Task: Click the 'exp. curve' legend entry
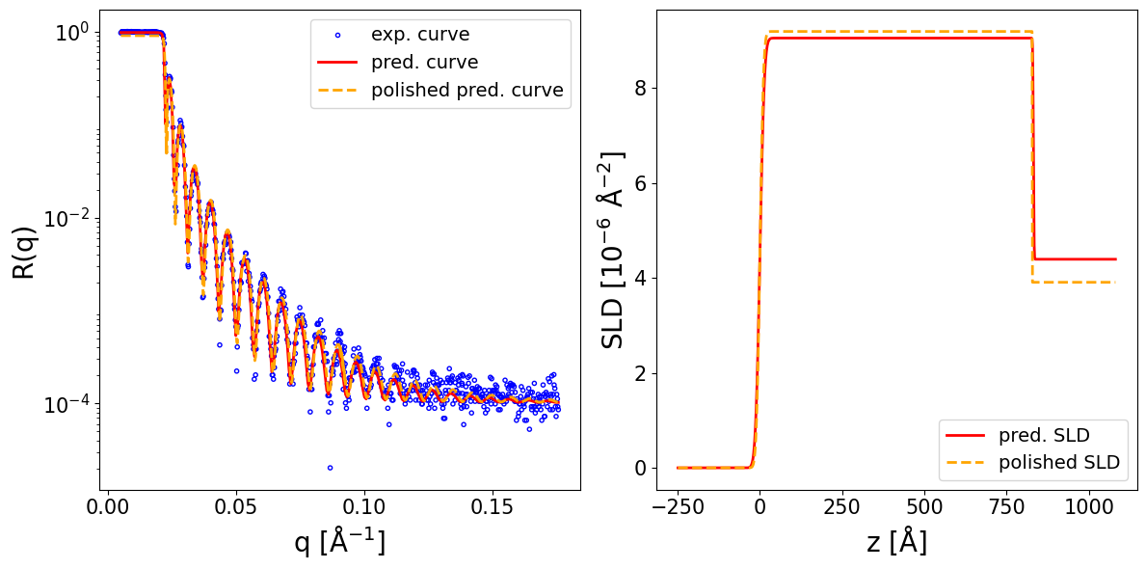tap(420, 35)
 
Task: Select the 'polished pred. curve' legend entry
tap(466, 91)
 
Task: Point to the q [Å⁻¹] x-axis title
tap(339, 543)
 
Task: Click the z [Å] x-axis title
tap(896, 543)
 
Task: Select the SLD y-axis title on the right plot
tap(613, 251)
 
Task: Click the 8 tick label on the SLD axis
tap(640, 89)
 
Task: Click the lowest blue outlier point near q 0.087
tap(330, 468)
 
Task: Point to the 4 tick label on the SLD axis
tap(640, 279)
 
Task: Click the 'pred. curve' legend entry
tap(425, 63)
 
